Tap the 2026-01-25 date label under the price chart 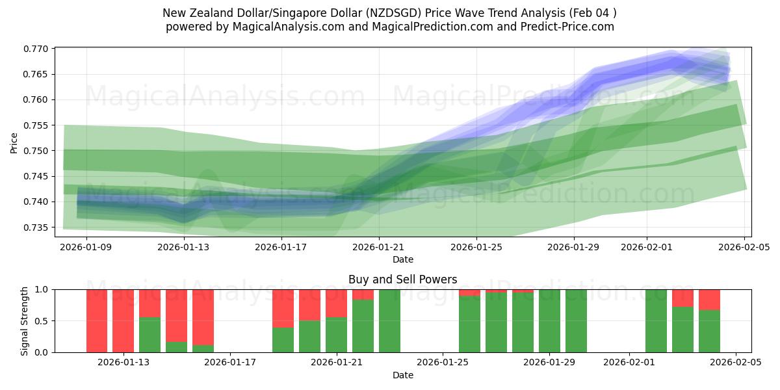pos(476,247)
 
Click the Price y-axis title pos(14,142)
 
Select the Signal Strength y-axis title pos(24,321)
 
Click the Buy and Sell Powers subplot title pos(402,279)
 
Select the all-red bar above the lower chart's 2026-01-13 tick pos(123,320)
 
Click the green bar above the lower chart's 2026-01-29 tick pos(549,320)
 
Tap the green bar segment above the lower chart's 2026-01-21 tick pos(337,335)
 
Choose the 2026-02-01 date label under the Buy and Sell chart pos(629,363)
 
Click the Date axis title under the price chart pos(402,259)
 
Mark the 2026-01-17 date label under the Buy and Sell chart pos(231,363)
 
